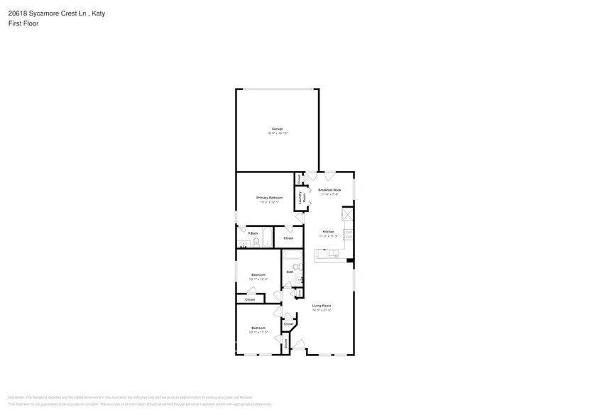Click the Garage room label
[277, 128]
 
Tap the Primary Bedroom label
[269, 197]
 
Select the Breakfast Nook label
[330, 190]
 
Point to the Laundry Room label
[301, 198]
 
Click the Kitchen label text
[328, 232]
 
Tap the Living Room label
[322, 306]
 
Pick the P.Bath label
[253, 233]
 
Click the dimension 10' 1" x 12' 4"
[258, 279]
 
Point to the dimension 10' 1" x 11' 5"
[258, 332]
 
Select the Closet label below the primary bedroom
[288, 238]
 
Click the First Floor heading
[23, 23]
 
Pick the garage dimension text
[277, 133]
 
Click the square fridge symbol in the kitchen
[347, 214]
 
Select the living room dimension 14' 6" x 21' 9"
[322, 311]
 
